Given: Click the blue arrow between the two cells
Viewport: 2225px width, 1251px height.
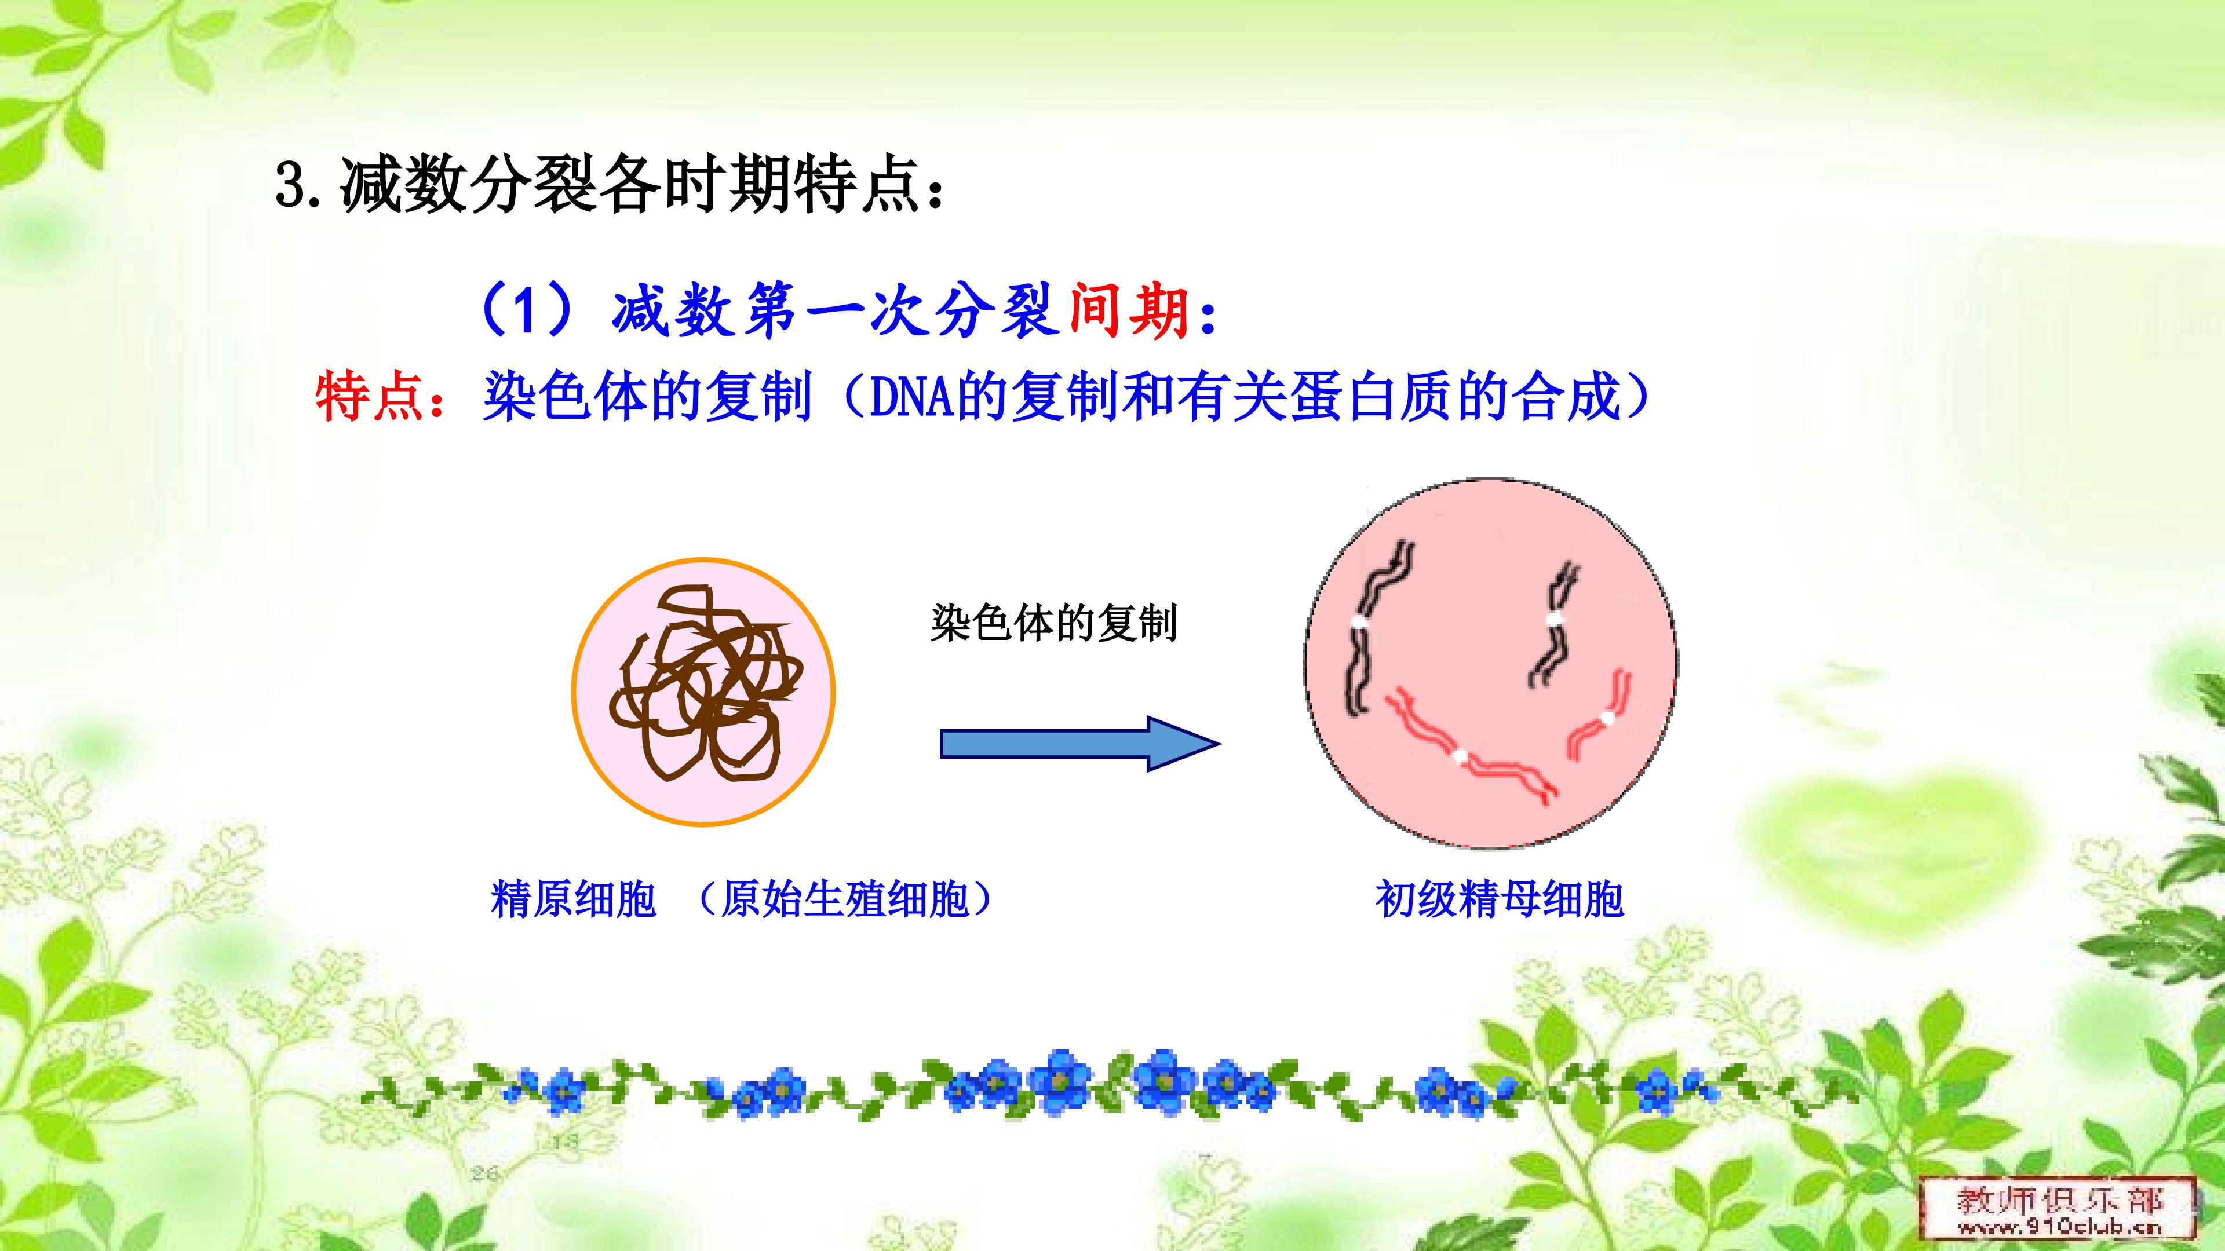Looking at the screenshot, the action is [1079, 743].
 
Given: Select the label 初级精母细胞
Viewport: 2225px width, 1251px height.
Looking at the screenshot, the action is [1500, 899].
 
